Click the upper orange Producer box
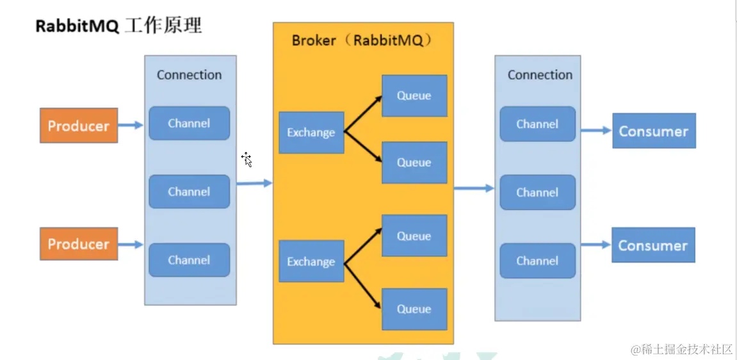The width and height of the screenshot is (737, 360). (79, 126)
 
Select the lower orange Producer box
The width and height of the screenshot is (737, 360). (79, 244)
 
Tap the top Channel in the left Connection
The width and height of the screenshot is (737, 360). (189, 123)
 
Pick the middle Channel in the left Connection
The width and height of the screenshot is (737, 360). (189, 192)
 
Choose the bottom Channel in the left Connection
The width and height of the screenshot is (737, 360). (189, 260)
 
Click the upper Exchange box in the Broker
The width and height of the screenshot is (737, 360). (311, 133)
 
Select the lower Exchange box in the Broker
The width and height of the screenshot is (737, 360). (311, 261)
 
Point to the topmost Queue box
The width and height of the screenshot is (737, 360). (414, 96)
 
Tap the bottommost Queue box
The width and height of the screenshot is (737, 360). (414, 309)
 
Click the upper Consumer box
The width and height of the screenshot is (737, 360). (654, 131)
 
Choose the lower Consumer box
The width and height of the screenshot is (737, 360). (653, 245)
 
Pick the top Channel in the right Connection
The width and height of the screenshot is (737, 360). (537, 124)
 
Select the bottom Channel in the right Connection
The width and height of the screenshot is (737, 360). (537, 261)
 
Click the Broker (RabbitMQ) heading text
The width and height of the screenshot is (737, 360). (362, 40)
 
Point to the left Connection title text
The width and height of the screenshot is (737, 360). (190, 75)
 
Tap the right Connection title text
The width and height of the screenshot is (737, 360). (540, 75)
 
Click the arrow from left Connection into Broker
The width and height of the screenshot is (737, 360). (254, 184)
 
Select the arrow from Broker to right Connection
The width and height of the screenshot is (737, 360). (474, 188)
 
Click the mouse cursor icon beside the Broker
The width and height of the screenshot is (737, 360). (247, 160)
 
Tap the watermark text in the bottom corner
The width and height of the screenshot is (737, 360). (681, 349)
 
